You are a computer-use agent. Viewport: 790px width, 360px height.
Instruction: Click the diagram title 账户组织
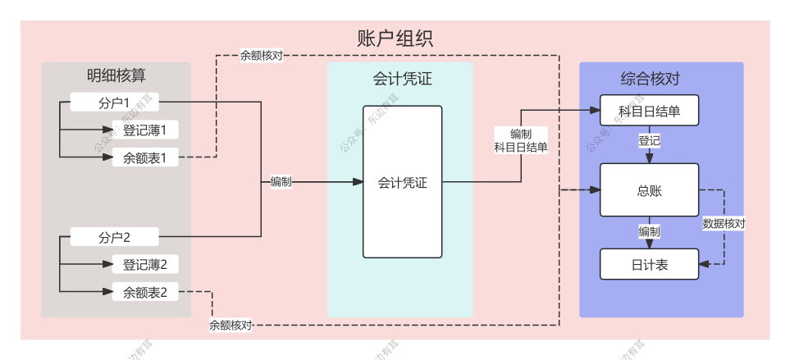click(x=395, y=39)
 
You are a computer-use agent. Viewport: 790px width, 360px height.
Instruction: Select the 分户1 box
click(x=114, y=103)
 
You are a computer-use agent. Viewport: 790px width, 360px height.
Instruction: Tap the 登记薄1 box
click(x=144, y=130)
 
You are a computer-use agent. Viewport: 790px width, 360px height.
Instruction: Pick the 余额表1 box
click(x=144, y=157)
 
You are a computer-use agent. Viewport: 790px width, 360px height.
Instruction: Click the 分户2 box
click(x=114, y=238)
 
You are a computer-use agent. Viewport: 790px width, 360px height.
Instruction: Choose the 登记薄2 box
click(x=144, y=265)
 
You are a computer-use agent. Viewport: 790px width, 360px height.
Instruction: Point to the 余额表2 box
click(x=144, y=292)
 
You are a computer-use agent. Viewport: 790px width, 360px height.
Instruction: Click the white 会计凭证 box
click(x=402, y=182)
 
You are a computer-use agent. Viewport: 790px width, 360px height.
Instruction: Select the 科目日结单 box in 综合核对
click(x=649, y=111)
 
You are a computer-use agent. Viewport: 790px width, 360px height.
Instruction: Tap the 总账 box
click(x=649, y=190)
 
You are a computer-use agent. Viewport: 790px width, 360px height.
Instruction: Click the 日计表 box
click(x=649, y=265)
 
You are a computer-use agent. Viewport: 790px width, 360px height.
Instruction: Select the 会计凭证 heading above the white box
click(x=401, y=80)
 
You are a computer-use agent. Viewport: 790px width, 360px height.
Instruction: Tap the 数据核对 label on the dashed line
click(x=724, y=223)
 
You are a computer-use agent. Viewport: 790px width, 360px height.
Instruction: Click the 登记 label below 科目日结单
click(x=649, y=141)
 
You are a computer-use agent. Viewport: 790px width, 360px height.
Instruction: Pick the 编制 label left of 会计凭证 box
click(x=281, y=182)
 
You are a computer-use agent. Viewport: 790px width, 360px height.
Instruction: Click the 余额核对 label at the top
click(x=262, y=57)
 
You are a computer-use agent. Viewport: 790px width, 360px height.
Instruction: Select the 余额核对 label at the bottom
click(x=231, y=325)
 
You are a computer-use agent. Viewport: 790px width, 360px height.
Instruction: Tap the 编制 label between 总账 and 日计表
click(x=649, y=231)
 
